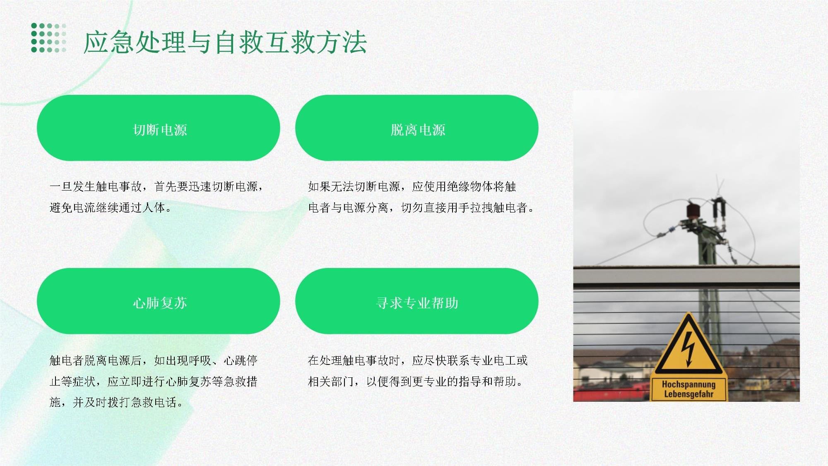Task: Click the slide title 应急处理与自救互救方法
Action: pyautogui.click(x=225, y=42)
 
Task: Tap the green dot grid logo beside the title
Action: pyautogui.click(x=49, y=38)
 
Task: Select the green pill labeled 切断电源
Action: pyautogui.click(x=159, y=128)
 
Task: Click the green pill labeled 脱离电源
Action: pyautogui.click(x=417, y=128)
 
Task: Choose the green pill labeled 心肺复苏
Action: pyautogui.click(x=159, y=301)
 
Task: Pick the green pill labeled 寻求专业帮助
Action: pyautogui.click(x=417, y=301)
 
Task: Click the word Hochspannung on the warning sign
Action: pyautogui.click(x=688, y=384)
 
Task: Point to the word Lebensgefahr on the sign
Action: pyautogui.click(x=688, y=394)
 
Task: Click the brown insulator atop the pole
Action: pyautogui.click(x=693, y=210)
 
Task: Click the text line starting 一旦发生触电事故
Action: pyautogui.click(x=156, y=187)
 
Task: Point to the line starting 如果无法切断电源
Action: pyautogui.click(x=412, y=187)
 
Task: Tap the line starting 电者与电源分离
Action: pyautogui.click(x=421, y=208)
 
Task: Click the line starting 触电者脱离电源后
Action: pyautogui.click(x=154, y=360)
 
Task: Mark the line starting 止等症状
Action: pyautogui.click(x=154, y=381)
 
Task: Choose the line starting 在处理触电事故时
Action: pyautogui.click(x=418, y=360)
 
